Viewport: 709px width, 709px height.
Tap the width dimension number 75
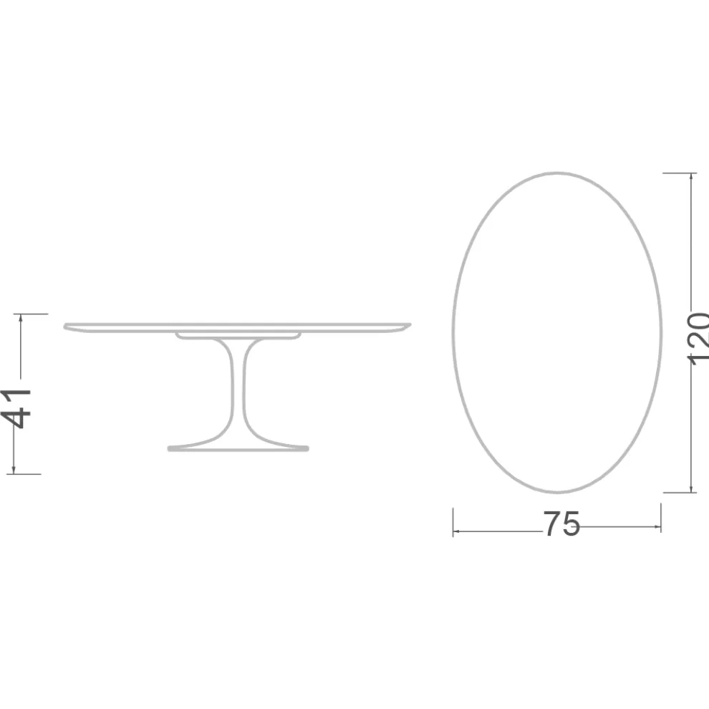coord(561,525)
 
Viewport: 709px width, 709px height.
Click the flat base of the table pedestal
coord(238,448)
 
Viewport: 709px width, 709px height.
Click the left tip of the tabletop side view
coord(66,327)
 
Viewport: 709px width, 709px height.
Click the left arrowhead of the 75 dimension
coord(456,531)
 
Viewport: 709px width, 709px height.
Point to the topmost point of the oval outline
coord(557,173)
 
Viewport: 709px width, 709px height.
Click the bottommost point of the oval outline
coord(557,492)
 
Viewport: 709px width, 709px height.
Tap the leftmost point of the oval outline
coord(453,332)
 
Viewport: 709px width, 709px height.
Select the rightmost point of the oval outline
coord(662,332)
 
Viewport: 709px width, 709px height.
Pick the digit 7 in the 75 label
coord(551,525)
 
